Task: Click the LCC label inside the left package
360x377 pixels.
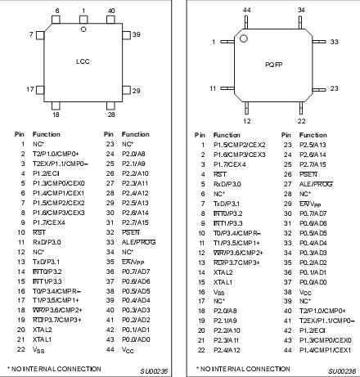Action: [83, 63]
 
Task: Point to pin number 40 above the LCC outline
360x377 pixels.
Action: [111, 11]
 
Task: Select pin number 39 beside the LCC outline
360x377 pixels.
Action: [137, 35]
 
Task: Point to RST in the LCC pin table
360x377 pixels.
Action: [38, 233]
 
